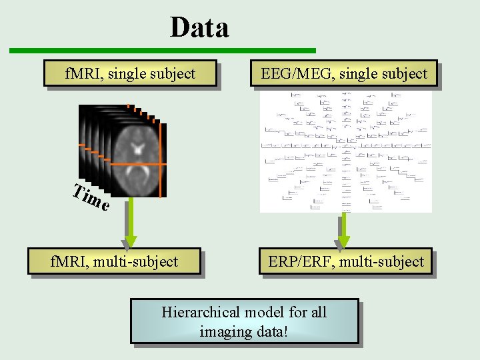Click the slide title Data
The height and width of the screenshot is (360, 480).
199,28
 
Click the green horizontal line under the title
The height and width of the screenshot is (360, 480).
162,51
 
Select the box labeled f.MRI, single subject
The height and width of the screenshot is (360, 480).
130,74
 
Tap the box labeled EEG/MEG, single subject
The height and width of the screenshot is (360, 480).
343,74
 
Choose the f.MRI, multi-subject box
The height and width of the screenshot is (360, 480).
114,261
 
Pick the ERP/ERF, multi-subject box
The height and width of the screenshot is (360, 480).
346,261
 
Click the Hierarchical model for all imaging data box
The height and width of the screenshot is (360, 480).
244,321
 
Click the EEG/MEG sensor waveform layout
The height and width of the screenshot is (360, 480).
345,152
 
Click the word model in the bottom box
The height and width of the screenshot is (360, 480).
265,312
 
